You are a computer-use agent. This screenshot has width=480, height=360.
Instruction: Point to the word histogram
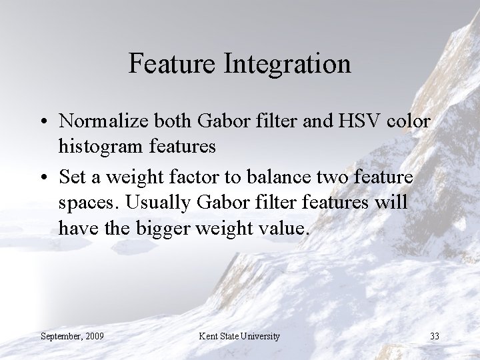tap(100, 146)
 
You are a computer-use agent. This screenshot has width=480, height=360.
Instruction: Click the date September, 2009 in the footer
tap(72, 336)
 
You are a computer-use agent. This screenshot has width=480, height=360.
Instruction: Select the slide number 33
tap(434, 336)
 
